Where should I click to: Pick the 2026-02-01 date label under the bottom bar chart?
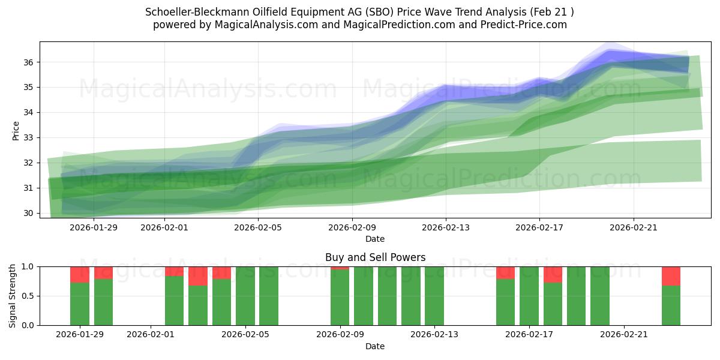click(x=151, y=335)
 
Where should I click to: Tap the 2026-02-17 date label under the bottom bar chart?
click(x=529, y=335)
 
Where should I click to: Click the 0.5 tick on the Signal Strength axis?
click(x=28, y=296)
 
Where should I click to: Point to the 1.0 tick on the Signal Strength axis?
click(x=28, y=266)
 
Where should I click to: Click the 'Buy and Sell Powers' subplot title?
click(x=375, y=257)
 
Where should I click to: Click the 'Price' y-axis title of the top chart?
click(x=16, y=131)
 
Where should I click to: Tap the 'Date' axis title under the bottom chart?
click(x=375, y=346)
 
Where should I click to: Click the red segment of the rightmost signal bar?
click(x=671, y=276)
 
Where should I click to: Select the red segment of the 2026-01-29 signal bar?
click(x=80, y=274)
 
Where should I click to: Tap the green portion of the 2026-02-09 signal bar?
click(x=340, y=298)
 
